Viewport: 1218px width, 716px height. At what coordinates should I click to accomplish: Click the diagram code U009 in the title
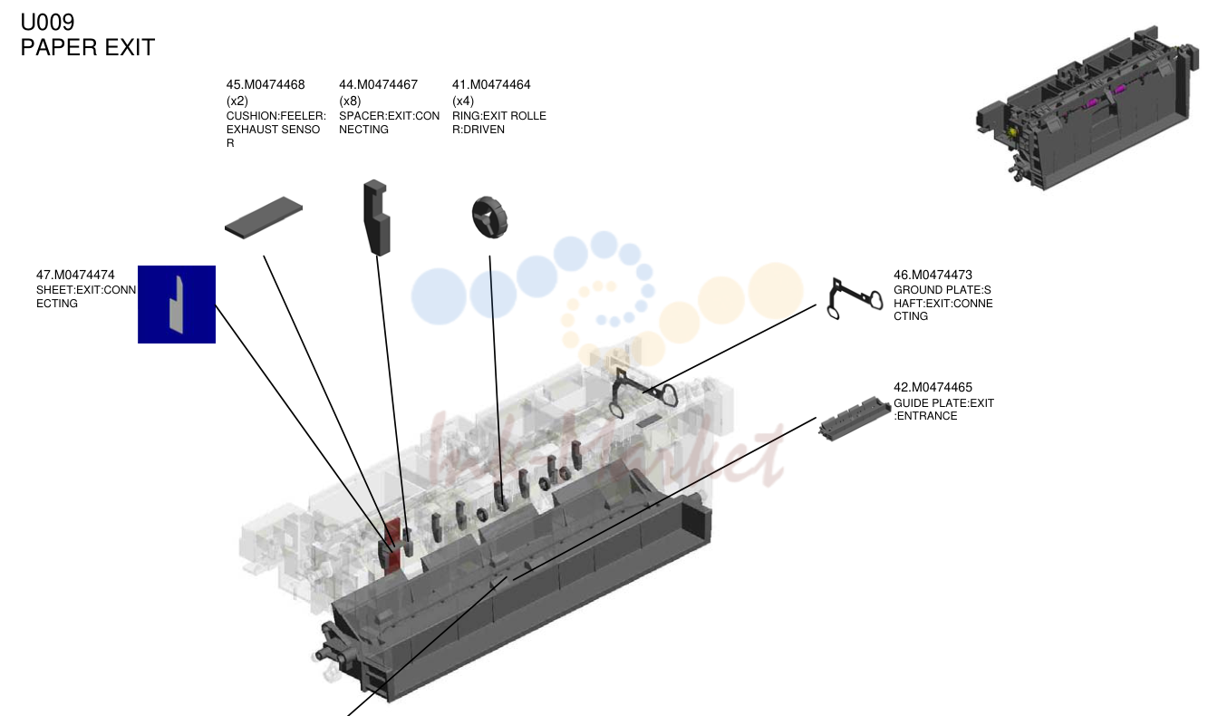coord(47,23)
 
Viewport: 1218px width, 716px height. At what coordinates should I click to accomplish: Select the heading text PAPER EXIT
coord(88,47)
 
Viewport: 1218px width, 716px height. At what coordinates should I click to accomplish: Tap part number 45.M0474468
coord(266,85)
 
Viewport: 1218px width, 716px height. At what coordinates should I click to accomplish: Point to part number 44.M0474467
coord(379,85)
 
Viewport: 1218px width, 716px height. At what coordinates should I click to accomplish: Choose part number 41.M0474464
coord(491,85)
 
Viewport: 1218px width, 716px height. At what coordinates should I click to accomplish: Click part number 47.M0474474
coord(75,276)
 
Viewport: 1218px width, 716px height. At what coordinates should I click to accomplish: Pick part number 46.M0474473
coord(933,276)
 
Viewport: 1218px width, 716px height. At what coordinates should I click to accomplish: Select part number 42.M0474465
coord(933,388)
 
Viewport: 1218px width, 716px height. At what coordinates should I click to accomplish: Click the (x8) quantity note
coord(350,102)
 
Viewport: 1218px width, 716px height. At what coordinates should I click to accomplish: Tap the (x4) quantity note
coord(463,102)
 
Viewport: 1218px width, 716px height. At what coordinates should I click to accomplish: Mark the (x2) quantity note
coord(237,102)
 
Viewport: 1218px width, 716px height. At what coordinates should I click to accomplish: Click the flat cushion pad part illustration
coord(264,218)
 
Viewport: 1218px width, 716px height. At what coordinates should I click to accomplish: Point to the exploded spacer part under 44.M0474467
coord(376,218)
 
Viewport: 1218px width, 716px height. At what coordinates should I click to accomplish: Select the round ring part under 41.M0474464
coord(489,218)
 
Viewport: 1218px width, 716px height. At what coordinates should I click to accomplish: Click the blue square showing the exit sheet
coord(177,305)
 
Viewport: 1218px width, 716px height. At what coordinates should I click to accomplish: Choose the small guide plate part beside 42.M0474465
coord(854,418)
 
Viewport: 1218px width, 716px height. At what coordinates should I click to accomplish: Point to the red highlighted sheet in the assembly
coord(392,547)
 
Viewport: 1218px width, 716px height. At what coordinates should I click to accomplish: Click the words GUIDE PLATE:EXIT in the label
coord(944,403)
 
